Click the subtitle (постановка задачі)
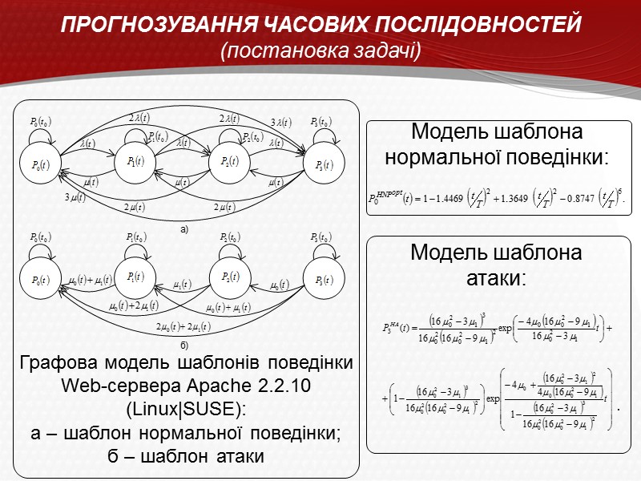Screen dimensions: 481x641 point(320,51)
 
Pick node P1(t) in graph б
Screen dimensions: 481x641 point(135,277)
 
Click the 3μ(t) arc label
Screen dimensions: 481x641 point(75,198)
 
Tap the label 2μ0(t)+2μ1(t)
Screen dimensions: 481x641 point(182,325)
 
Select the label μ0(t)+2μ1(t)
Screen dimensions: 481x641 point(134,305)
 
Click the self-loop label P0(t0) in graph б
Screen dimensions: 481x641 point(39,237)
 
